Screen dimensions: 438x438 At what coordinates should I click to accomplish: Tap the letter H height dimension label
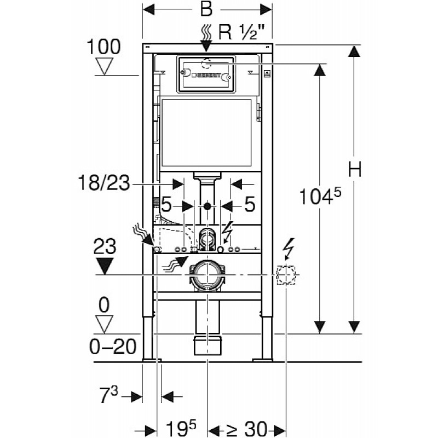pos(355,169)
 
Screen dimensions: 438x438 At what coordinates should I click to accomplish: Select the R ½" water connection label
pos(241,32)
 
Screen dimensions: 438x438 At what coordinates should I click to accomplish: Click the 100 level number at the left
pos(103,47)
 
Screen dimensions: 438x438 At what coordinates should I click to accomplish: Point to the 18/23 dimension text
pos(104,183)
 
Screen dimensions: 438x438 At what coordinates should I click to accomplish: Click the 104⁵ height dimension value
pos(320,196)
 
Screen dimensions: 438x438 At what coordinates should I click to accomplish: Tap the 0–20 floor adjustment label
pos(113,347)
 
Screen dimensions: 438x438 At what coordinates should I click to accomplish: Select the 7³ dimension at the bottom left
pos(109,395)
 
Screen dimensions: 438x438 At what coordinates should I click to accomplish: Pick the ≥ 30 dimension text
pos(246,428)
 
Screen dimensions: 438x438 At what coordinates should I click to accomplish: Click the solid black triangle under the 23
pos(105,266)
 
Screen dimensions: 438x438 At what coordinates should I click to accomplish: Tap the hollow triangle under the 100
pos(104,66)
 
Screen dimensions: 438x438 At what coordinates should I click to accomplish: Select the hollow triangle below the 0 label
pos(104,324)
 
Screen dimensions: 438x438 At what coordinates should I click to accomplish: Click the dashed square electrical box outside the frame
pos(286,275)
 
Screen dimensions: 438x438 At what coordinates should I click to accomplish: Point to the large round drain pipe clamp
pos(207,275)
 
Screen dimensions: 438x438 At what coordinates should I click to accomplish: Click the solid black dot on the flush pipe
pos(207,206)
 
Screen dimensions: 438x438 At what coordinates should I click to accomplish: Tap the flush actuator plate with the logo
pos(206,74)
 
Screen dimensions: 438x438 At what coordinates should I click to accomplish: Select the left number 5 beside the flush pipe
pos(166,205)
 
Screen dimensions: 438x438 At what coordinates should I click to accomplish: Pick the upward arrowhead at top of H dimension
pos(354,51)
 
